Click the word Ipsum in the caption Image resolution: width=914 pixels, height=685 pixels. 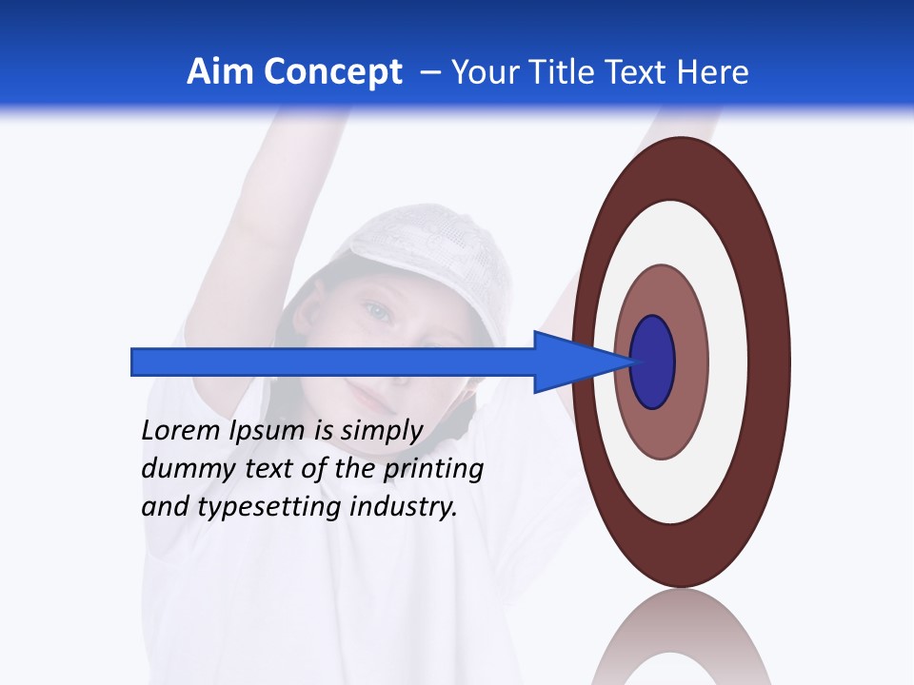(268, 430)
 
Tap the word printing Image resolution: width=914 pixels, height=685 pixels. (433, 468)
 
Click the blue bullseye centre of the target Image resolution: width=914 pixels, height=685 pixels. (653, 362)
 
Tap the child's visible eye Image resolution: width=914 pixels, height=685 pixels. (377, 310)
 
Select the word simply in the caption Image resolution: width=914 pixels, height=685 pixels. (381, 430)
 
